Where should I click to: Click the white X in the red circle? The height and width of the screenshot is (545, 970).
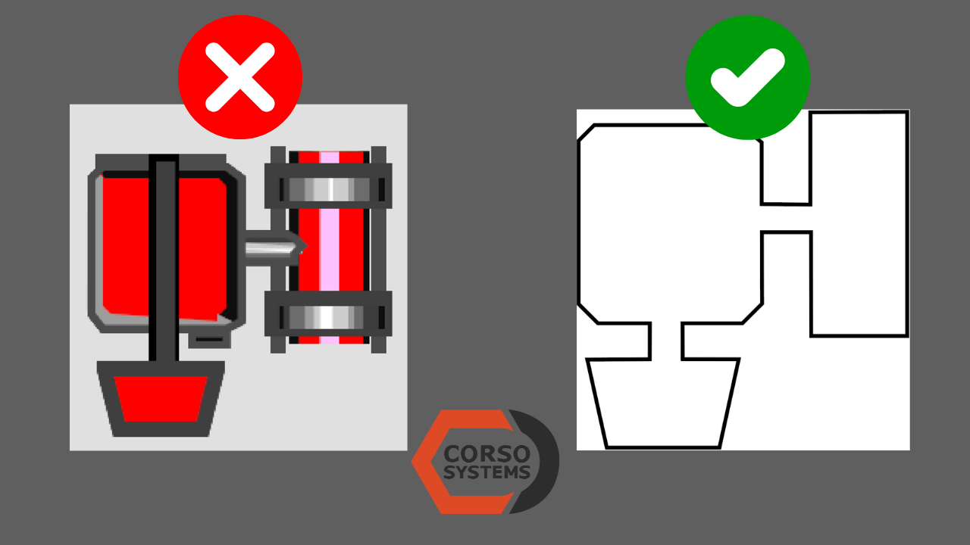[x=239, y=76]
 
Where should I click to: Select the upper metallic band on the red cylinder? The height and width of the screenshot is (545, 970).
[x=329, y=188]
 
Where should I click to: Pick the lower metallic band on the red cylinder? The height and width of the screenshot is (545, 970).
[x=329, y=316]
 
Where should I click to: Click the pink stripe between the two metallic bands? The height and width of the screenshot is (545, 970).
[x=329, y=250]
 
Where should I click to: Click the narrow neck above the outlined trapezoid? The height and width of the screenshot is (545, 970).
[x=666, y=341]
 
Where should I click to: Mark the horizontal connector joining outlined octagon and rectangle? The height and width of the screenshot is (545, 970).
[x=786, y=218]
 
